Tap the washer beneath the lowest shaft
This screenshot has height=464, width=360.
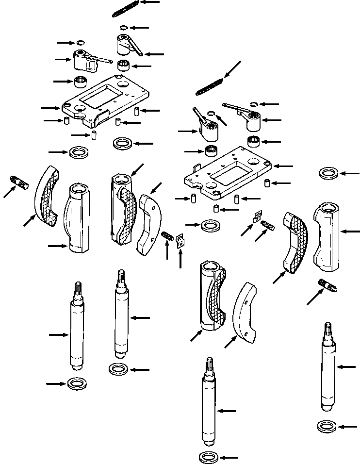[209, 457]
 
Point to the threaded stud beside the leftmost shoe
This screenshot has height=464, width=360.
[19, 183]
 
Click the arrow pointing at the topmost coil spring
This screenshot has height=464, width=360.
[150, 2]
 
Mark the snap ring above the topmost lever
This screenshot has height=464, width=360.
[124, 28]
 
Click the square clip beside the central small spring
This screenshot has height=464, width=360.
[180, 240]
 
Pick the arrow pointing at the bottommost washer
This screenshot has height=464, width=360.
[231, 457]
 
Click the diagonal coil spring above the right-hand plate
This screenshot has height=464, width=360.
[208, 86]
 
